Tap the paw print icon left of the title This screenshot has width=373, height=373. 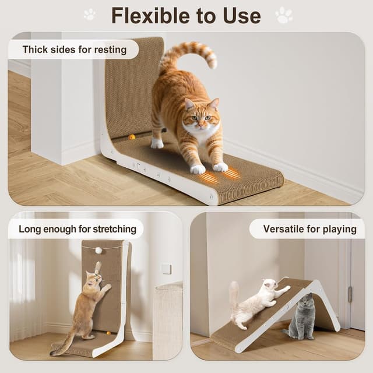(89, 15)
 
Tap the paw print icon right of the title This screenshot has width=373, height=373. (284, 15)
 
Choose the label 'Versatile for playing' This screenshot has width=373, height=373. (309, 228)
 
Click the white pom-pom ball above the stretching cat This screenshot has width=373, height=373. (98, 250)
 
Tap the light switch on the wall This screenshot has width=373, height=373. (166, 269)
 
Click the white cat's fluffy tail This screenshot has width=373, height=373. (234, 294)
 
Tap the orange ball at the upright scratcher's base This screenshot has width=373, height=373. (108, 333)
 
